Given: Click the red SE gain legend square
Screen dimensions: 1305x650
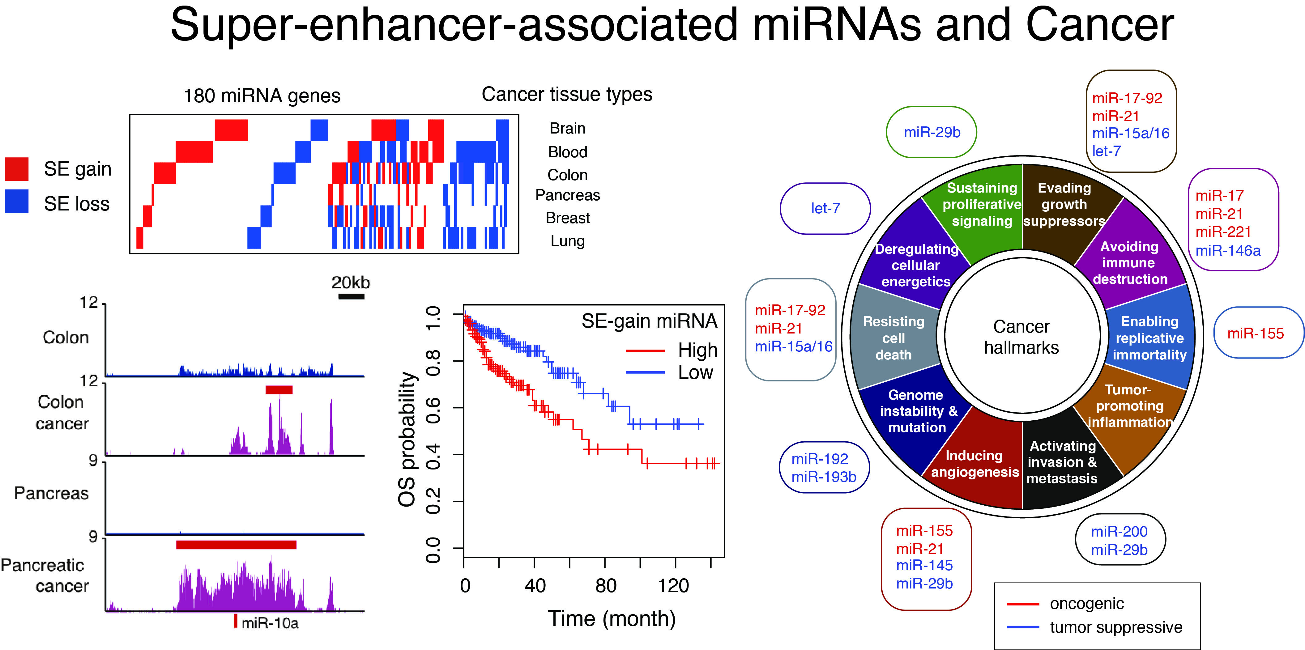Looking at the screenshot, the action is [17, 169].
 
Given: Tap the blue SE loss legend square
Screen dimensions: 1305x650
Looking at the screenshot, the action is [17, 202].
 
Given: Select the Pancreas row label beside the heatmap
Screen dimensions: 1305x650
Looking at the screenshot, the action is [567, 195].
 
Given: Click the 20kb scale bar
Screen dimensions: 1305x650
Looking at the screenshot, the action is [352, 296].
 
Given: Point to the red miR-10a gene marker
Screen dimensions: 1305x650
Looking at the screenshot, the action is [236, 621].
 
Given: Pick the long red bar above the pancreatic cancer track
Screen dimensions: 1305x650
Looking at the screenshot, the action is [236, 545].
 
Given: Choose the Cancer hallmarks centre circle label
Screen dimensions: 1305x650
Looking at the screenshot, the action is [1021, 337].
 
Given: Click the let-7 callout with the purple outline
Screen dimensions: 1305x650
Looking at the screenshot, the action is [825, 208].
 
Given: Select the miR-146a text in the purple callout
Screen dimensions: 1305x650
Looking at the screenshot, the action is [1228, 251].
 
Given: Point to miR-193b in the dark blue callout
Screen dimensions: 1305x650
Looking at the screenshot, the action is [824, 477].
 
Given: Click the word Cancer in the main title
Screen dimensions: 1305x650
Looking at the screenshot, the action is [1100, 25].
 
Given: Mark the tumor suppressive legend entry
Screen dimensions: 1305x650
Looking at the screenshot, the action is [1116, 627].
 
